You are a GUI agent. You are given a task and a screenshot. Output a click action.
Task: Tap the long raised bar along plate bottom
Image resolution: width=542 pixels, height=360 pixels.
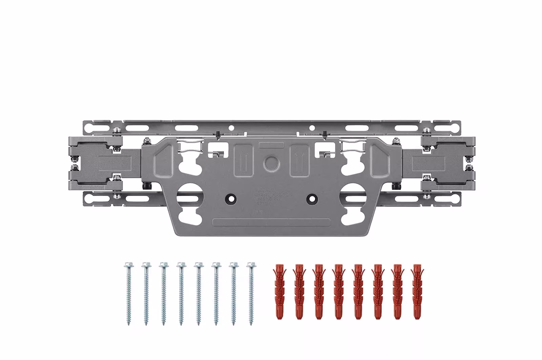pyautogui.click(x=271, y=222)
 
